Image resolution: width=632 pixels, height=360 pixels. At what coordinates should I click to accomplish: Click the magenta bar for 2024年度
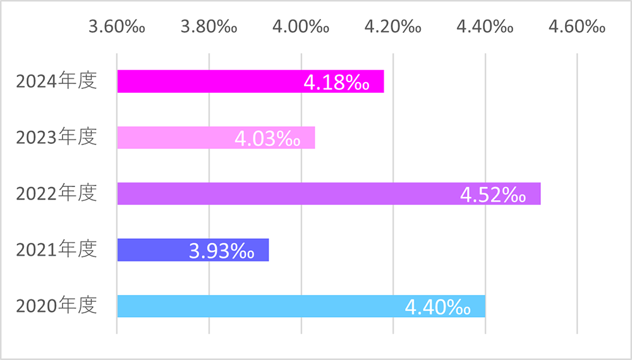209,81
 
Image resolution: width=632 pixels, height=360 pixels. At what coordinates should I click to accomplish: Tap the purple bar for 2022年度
284,193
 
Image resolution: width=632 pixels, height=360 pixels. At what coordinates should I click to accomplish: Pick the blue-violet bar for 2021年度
152,249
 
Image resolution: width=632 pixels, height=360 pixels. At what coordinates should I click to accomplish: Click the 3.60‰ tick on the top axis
117,27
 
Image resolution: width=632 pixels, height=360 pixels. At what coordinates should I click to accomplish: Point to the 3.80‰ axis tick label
209,27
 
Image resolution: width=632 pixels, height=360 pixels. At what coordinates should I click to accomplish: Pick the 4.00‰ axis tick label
301,27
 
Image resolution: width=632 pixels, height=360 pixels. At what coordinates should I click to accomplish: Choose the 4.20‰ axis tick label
393,27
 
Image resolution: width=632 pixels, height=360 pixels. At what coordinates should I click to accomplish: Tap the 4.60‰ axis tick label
577,27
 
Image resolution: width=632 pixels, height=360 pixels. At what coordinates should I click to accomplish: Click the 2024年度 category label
57,81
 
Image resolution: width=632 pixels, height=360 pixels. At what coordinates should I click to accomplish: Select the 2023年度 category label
57,138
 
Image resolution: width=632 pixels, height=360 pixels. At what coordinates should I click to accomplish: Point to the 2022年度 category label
57,193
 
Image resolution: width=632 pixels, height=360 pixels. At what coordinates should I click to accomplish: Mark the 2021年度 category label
57,249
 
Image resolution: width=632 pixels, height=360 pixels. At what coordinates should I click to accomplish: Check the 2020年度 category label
57,306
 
